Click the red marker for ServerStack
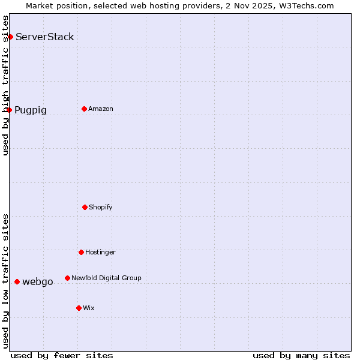pos(10,37)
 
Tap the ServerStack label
pos(45,37)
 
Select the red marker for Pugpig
pos(9,110)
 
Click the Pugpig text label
pos(31,110)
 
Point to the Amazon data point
pos(84,109)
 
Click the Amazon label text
pos(101,109)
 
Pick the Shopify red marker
pos(85,207)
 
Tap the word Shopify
pos(101,208)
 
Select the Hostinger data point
pos(81,252)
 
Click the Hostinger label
pos(100,253)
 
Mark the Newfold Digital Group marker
pos(67,278)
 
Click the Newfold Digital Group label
pos(106,278)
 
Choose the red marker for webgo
pos(17,281)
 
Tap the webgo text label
pos(38,282)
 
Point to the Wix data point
pos(79,308)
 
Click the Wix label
pos(89,308)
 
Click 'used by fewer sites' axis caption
pos(62,355)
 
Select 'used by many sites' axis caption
pos(301,355)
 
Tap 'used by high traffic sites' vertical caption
pos(6,85)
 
